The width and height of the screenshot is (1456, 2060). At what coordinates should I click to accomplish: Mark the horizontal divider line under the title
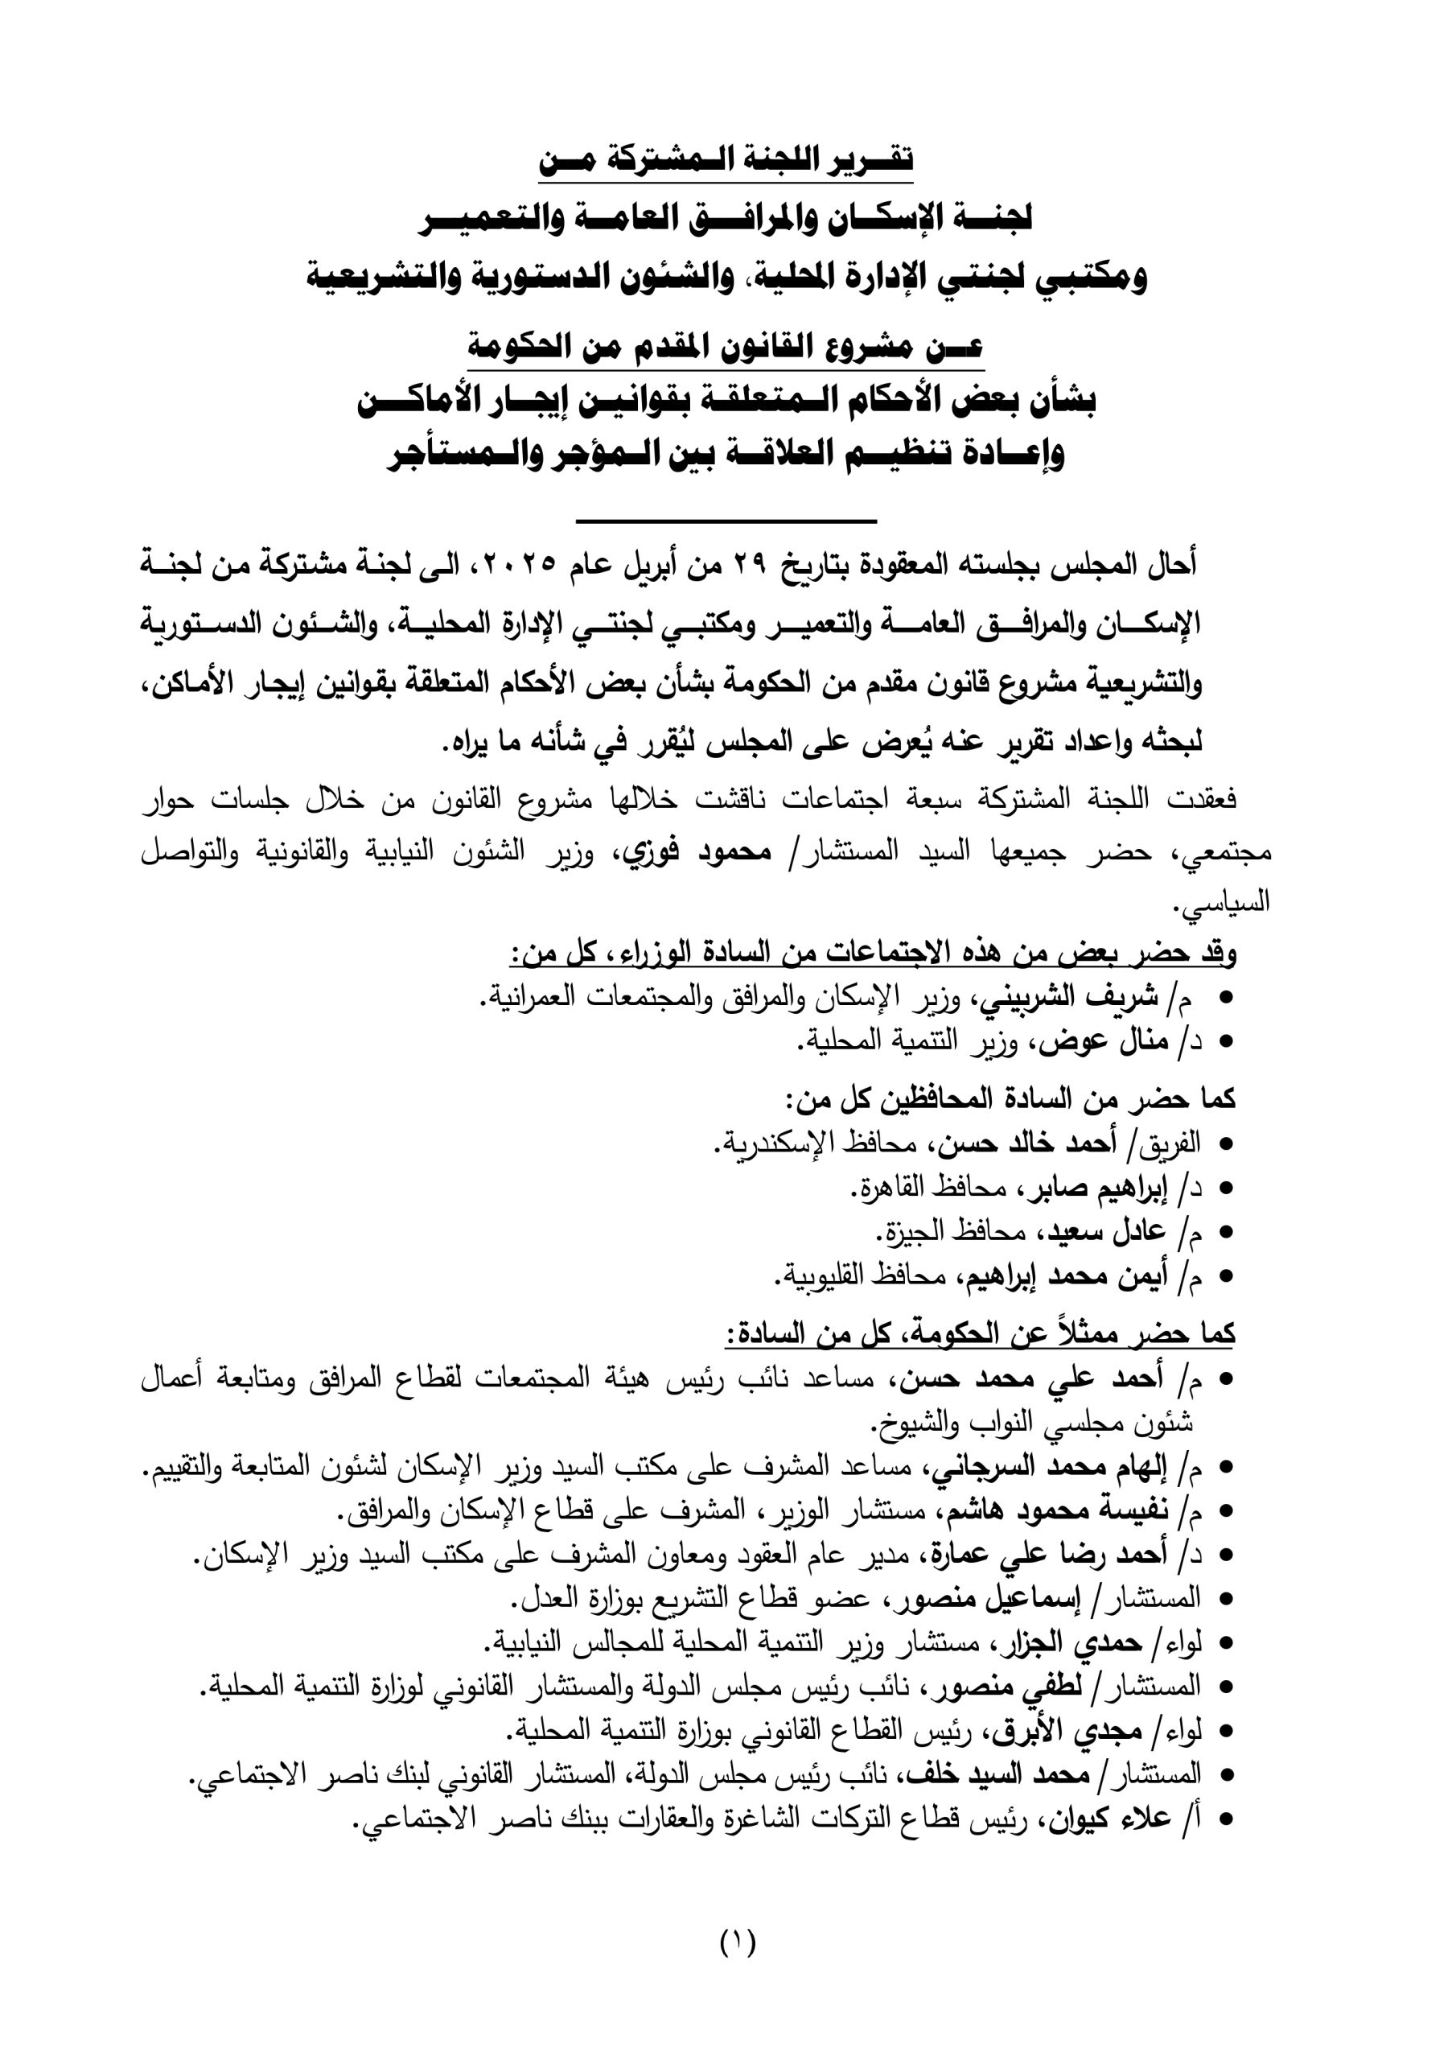[x=726, y=521]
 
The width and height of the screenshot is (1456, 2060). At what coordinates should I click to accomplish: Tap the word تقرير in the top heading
[x=869, y=159]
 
